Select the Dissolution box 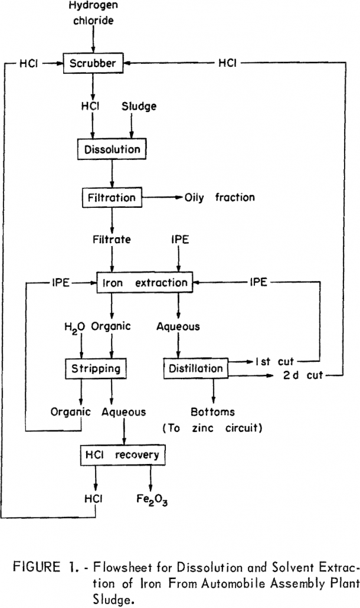(112, 149)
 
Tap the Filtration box (113, 197)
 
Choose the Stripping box (96, 369)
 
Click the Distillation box (195, 369)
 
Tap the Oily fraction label (220, 197)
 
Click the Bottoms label (212, 411)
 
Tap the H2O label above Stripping (76, 326)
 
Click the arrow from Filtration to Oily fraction (163, 197)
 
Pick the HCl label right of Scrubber (228, 64)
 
